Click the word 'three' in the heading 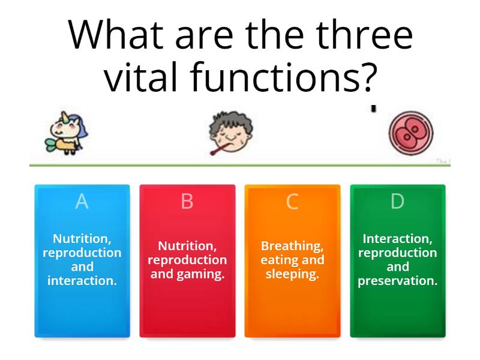click(364, 35)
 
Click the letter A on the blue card click(82, 202)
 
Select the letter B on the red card click(187, 202)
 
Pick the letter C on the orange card click(292, 202)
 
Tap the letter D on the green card click(397, 202)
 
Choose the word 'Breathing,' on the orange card click(292, 246)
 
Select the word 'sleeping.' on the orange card click(292, 275)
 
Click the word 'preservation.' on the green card click(397, 280)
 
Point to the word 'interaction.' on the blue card click(82, 280)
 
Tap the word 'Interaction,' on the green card click(397, 238)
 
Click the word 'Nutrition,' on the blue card click(82, 238)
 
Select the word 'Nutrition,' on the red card click(187, 246)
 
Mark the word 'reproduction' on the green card click(397, 253)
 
